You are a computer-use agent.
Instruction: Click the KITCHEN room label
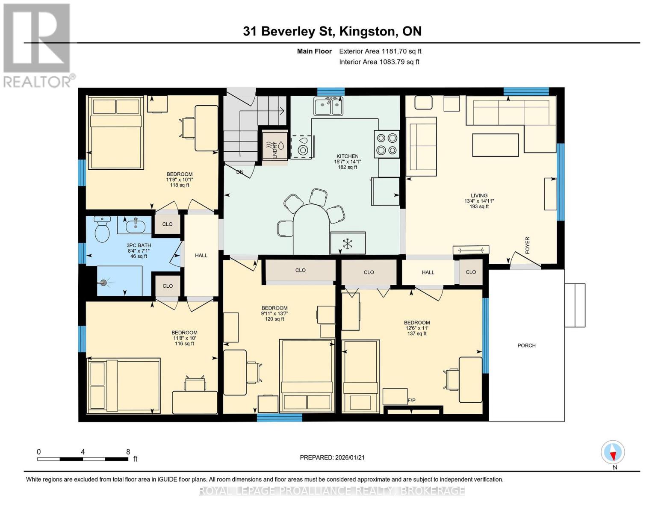pos(347,156)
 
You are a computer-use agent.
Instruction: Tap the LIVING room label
pos(479,196)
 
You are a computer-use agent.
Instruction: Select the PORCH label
pos(526,345)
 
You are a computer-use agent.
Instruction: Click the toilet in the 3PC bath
pos(102,229)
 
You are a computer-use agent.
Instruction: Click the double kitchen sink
pos(328,106)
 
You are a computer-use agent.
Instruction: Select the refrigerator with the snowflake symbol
pos(348,244)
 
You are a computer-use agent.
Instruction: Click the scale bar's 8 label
pos(128,452)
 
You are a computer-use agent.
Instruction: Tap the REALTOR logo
pos(37,45)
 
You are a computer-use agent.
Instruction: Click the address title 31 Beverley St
pos(332,31)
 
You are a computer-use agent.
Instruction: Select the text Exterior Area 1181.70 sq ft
pos(380,51)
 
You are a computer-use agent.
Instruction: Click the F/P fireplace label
pos(411,401)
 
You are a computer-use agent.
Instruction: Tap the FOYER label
pos(527,245)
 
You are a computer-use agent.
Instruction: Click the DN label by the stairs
pos(240,172)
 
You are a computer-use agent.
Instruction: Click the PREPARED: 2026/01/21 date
pos(332,457)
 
